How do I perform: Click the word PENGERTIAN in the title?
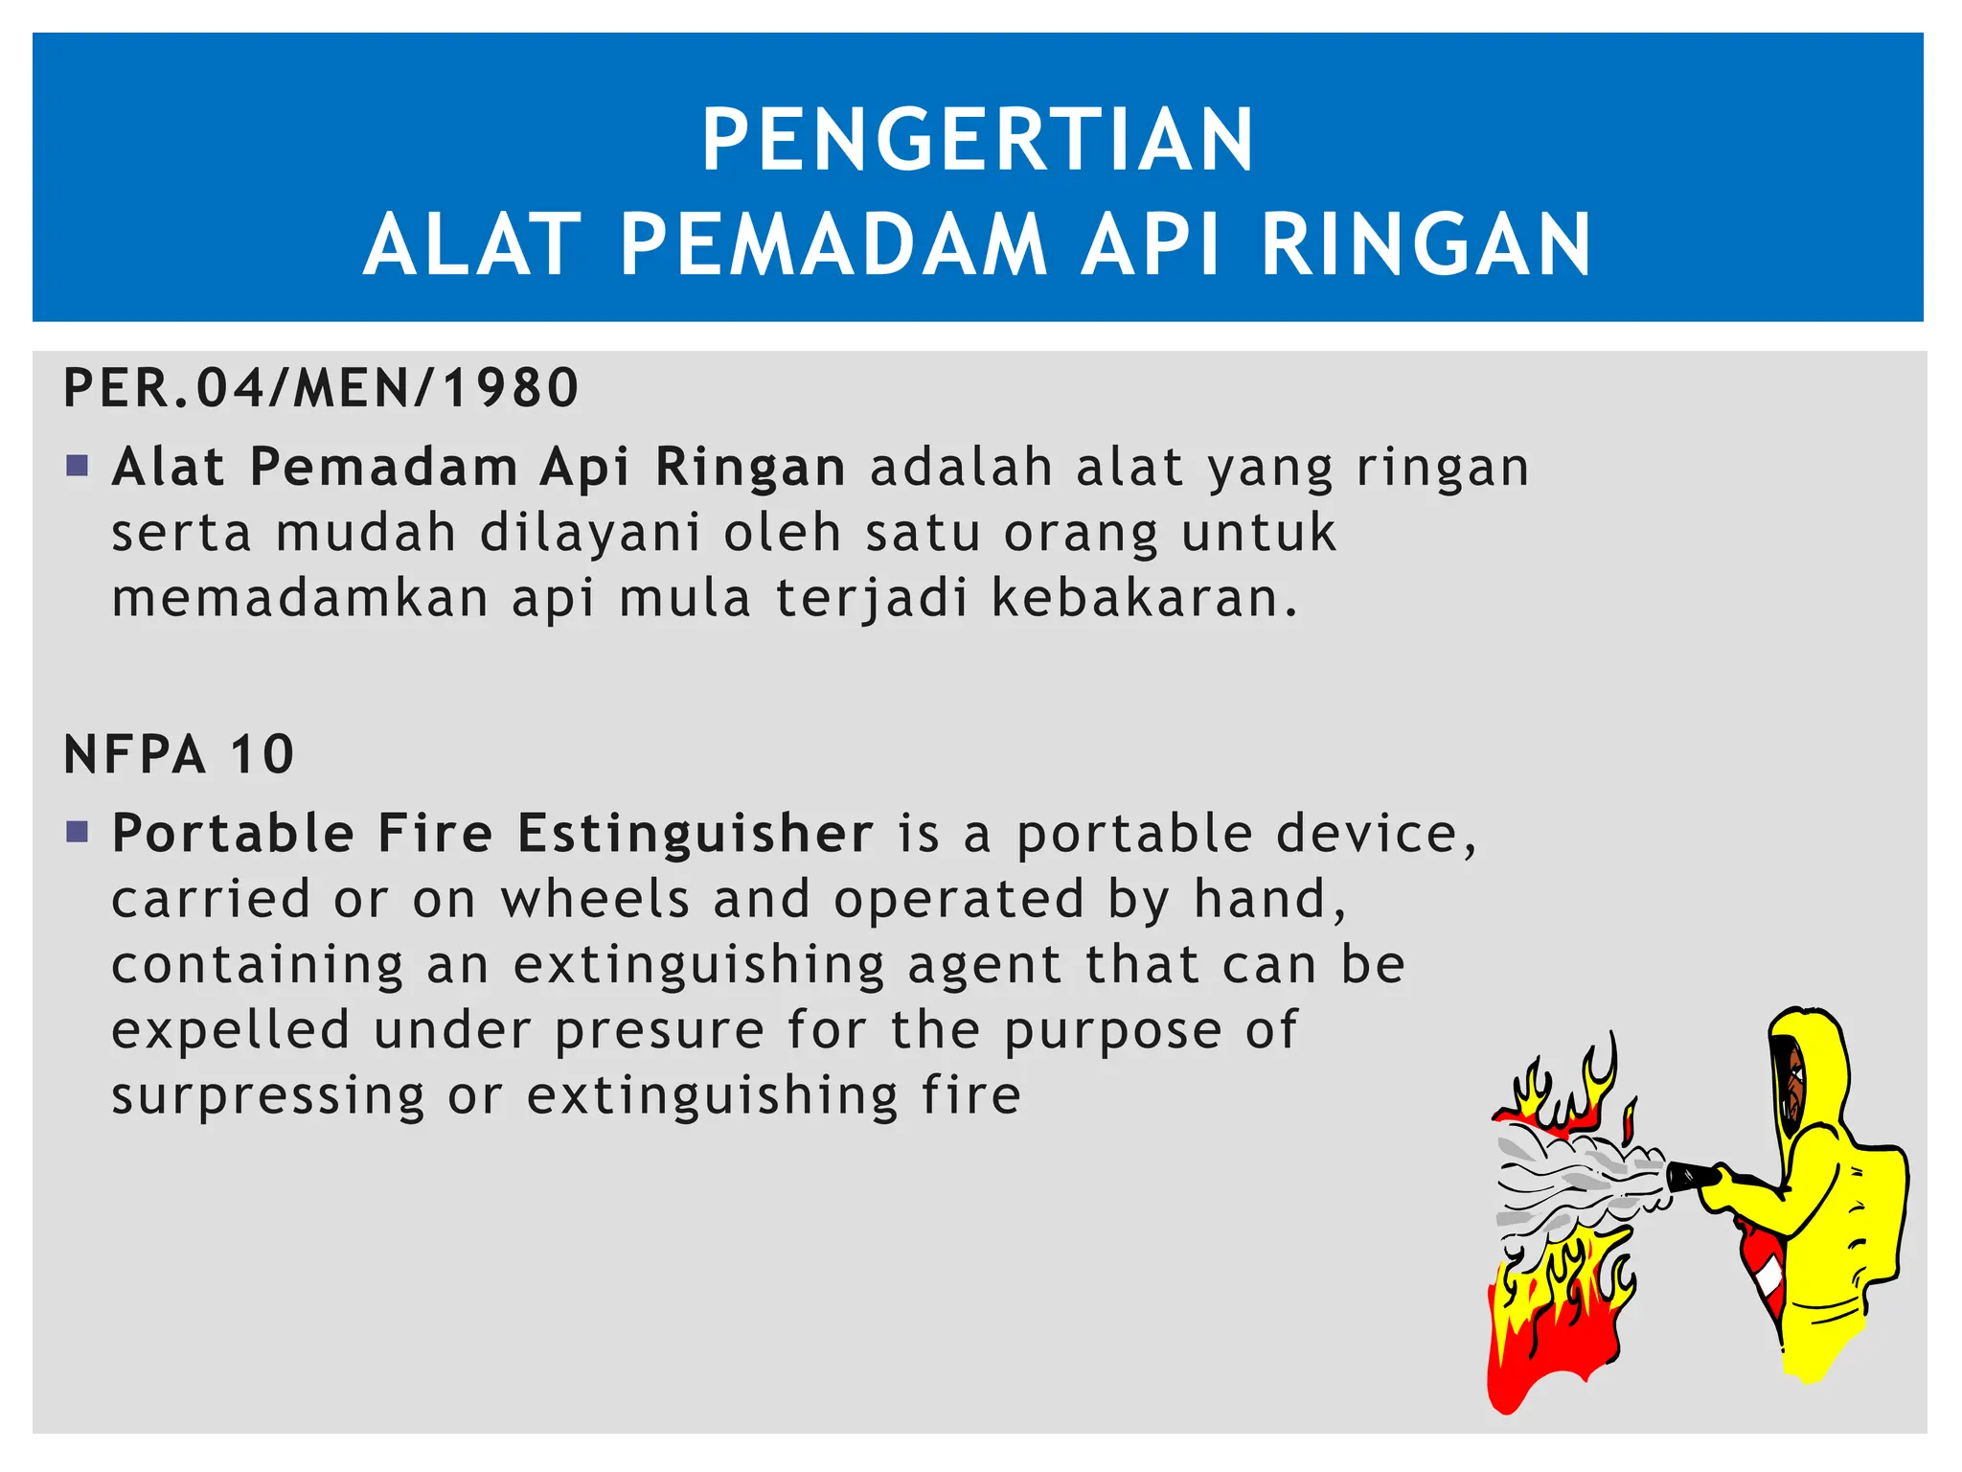tap(977, 141)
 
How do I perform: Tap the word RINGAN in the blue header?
tap(1426, 246)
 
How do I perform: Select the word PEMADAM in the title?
tap(833, 246)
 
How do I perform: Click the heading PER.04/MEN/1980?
tap(321, 388)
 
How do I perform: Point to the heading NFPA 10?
tap(179, 754)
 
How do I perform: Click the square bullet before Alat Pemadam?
tap(78, 467)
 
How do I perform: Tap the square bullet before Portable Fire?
tap(78, 831)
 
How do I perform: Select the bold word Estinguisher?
tap(696, 833)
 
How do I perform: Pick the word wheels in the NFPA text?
tap(595, 900)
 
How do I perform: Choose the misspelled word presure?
tap(659, 1031)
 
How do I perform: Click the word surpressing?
tap(268, 1096)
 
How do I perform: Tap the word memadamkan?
tap(301, 598)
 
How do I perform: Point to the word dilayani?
tap(590, 533)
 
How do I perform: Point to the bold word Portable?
tap(233, 833)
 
